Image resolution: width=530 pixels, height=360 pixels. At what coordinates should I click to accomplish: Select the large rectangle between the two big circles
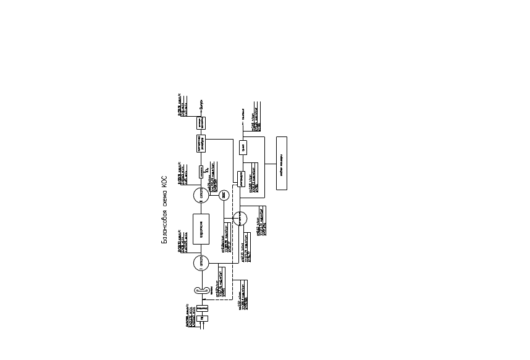[201, 228]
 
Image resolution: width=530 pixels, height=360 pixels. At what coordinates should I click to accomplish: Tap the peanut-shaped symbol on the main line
[201, 290]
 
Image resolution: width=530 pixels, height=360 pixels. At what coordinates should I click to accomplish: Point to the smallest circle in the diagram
[224, 195]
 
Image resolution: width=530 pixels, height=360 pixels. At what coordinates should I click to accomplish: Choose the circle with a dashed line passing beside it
[240, 217]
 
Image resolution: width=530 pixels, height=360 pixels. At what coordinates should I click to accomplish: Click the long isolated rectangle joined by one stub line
[282, 163]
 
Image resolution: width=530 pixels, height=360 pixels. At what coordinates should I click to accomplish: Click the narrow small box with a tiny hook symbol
[201, 172]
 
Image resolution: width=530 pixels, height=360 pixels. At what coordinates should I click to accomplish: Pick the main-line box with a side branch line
[201, 143]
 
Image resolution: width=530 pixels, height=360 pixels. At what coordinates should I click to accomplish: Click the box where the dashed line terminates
[242, 179]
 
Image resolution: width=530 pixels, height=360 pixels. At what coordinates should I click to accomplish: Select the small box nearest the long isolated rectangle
[243, 148]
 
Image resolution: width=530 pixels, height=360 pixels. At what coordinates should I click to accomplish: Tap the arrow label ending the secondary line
[243, 117]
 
